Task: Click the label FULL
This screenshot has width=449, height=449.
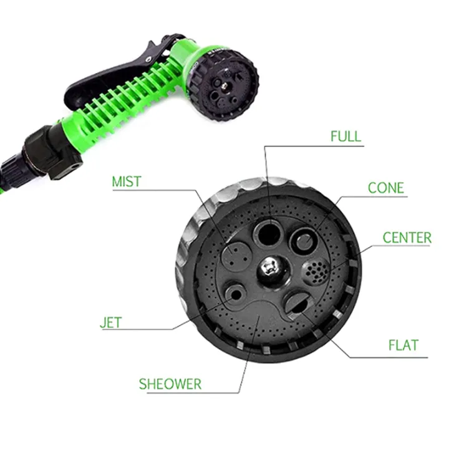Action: tap(345, 136)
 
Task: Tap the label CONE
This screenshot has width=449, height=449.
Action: tap(385, 188)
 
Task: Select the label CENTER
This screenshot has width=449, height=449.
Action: tap(407, 238)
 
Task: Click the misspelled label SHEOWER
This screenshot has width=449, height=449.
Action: tap(170, 384)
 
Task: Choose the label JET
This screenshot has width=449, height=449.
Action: tap(110, 323)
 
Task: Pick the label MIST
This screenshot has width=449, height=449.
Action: tap(127, 182)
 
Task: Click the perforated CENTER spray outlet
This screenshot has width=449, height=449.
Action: tap(316, 271)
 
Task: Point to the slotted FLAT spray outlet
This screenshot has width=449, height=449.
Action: tap(298, 304)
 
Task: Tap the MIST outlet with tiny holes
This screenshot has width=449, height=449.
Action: tap(235, 253)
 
